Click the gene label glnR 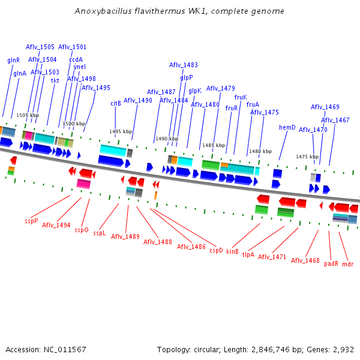coord(13,60)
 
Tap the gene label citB coord(116,103)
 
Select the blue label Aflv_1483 coord(184,65)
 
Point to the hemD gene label coord(287,127)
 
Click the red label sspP coord(31,221)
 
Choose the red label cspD coord(216,250)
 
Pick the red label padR coord(331,263)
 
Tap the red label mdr coord(348,263)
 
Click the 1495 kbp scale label coord(121,131)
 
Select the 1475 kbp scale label coord(307,157)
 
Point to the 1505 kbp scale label coord(28,115)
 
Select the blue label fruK coord(241,97)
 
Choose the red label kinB coord(232,251)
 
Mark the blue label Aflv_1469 coord(325,107)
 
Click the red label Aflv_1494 coord(56,225)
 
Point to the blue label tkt coord(55,80)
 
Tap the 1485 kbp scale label coord(214,145)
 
